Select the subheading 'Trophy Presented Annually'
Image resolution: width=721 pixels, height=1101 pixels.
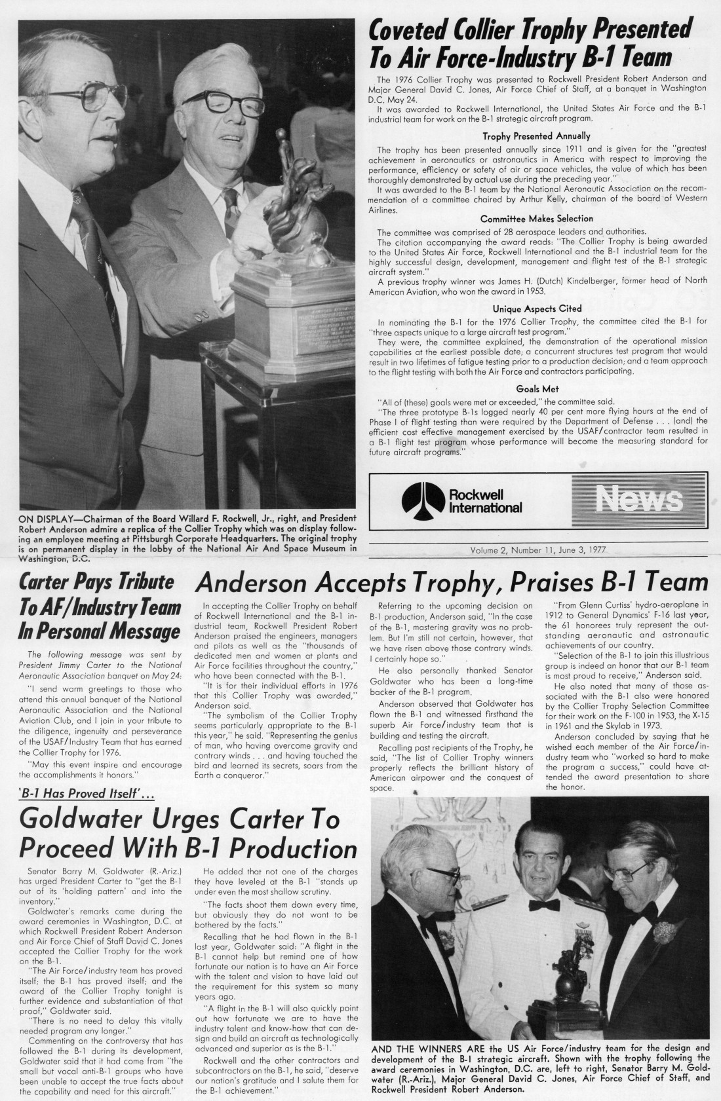[x=536, y=136]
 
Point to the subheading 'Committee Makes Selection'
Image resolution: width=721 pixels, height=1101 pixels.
[x=536, y=218]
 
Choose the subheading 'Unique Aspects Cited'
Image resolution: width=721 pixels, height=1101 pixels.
[x=536, y=308]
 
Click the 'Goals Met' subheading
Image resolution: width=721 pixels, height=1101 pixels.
[x=537, y=388]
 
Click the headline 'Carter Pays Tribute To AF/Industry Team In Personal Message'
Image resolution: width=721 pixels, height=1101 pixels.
[x=99, y=607]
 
